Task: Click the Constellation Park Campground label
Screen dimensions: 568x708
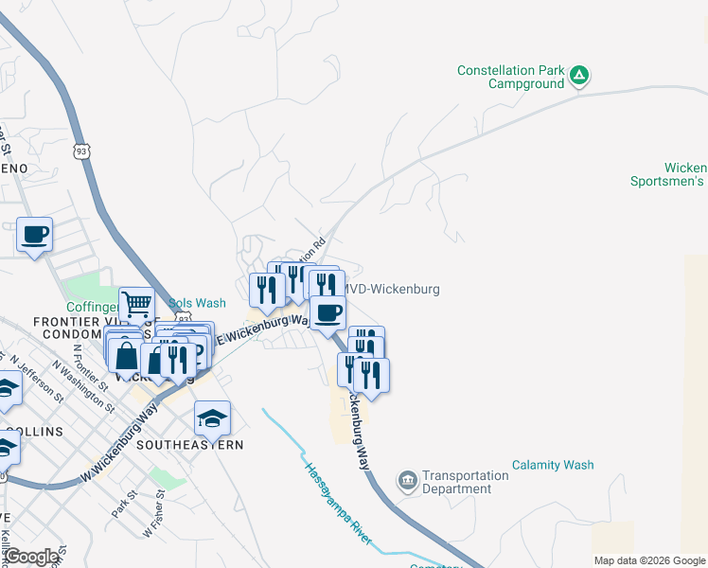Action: (510, 77)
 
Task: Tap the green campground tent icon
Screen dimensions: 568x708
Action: (579, 76)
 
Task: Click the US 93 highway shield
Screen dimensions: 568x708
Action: (83, 151)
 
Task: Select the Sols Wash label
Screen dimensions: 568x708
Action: (198, 303)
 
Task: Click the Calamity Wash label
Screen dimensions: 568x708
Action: (553, 465)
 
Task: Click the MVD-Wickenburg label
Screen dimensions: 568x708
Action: (391, 289)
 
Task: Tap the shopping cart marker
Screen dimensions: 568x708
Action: (137, 305)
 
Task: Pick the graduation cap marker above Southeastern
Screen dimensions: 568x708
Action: (212, 417)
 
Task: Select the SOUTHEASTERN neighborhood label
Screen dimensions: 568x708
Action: (189, 444)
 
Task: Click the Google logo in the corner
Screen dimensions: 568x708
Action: (31, 557)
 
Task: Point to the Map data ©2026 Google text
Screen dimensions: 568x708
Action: (650, 560)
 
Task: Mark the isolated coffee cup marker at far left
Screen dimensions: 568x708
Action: (35, 234)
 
